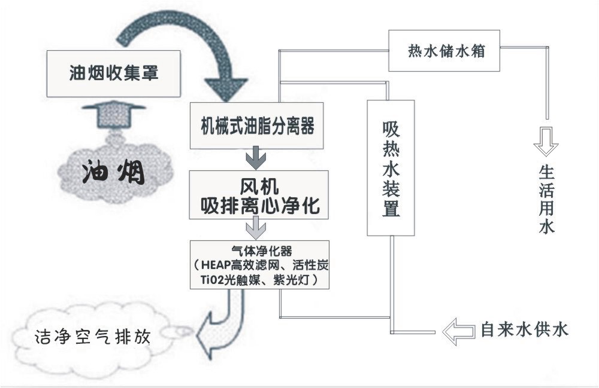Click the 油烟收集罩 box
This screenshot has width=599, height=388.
[x=114, y=73]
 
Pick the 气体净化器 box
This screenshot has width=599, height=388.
[x=259, y=265]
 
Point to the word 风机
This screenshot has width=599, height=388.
[x=259, y=182]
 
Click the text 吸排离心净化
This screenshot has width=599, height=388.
[x=259, y=204]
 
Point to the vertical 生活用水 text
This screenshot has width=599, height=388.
[x=546, y=200]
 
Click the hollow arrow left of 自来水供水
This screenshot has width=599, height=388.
[x=458, y=331]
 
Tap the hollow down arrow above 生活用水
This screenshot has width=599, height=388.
[x=546, y=141]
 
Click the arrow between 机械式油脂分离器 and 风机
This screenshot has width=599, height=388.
[x=258, y=159]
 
